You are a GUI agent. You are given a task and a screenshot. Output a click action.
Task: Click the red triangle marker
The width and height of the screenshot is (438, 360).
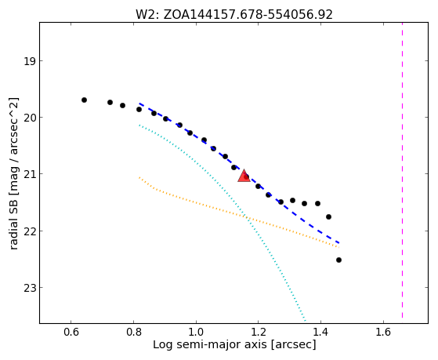[x=244, y=176]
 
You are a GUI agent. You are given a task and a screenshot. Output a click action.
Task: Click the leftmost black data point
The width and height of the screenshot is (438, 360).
[x=84, y=100]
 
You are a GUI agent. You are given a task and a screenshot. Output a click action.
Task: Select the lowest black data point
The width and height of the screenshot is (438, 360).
[x=338, y=260]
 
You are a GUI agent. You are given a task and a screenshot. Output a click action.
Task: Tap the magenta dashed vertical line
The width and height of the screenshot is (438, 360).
[x=402, y=170]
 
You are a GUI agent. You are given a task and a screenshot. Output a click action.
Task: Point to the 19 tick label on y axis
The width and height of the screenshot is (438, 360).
[x=29, y=61]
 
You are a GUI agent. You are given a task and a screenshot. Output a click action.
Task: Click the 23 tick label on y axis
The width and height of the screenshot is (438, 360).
[x=29, y=288]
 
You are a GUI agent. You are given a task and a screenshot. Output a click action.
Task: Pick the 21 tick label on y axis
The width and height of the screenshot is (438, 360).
[x=29, y=174]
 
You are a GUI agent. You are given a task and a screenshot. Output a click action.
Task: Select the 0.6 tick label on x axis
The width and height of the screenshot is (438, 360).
[x=71, y=332]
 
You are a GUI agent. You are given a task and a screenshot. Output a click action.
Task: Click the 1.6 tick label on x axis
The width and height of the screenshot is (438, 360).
[x=383, y=332]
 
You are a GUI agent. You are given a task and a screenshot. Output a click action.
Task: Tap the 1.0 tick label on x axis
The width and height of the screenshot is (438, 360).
[x=196, y=332]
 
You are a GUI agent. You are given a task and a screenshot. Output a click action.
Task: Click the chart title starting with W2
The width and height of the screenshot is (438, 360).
[x=234, y=14]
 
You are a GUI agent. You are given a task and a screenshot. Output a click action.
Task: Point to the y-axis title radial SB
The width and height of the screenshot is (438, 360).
[x=13, y=173]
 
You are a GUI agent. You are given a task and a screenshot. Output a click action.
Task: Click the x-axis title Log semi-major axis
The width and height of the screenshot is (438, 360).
[x=234, y=344]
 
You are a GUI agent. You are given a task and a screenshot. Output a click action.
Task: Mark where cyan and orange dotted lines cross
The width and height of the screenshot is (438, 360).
[x=245, y=216]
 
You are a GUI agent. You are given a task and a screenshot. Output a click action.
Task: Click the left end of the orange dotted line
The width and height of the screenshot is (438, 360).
[x=139, y=177]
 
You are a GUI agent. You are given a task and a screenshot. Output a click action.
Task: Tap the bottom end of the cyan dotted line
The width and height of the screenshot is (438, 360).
[x=306, y=320]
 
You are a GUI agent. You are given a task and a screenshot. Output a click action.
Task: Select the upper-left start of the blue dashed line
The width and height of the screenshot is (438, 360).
[x=139, y=104]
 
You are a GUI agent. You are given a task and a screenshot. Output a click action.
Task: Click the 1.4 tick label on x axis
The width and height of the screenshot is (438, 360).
[x=320, y=332]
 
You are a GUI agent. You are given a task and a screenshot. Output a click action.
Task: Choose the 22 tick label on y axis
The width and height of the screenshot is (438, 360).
[x=29, y=231]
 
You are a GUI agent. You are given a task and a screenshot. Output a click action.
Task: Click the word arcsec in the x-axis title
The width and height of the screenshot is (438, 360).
[x=293, y=344]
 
